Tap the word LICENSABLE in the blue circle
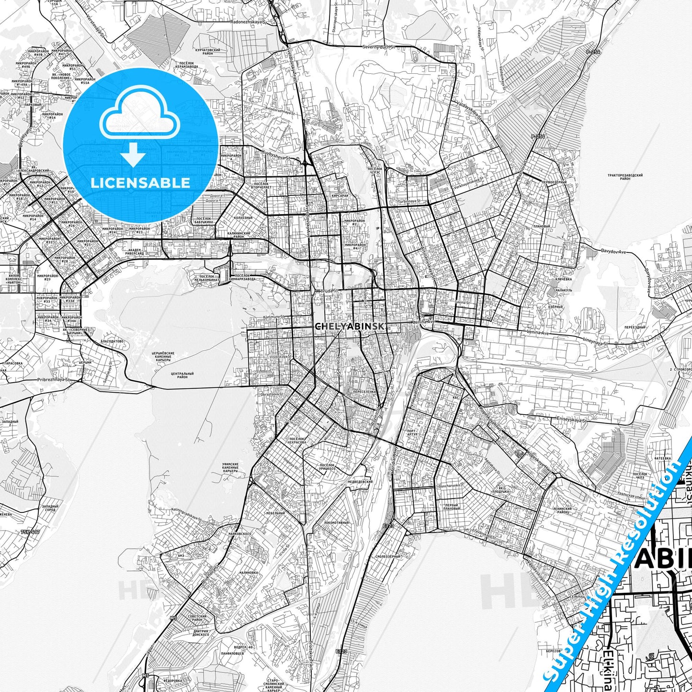point(140,182)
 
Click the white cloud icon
point(140,118)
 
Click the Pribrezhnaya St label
point(54,380)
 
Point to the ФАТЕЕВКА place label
point(663,458)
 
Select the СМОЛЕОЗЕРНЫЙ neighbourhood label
point(388,557)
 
